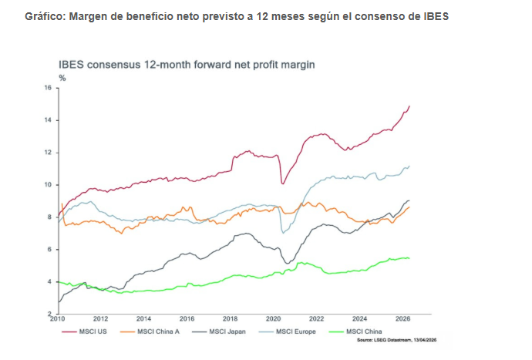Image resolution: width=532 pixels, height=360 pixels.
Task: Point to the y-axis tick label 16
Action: [47, 88]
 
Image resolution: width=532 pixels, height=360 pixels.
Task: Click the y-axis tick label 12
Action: [47, 153]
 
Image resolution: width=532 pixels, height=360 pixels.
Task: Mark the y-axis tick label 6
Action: [49, 250]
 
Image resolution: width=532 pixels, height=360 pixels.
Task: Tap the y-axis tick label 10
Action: [47, 185]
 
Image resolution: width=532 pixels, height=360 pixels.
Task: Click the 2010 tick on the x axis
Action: [57, 318]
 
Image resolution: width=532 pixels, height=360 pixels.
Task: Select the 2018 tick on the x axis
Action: [230, 318]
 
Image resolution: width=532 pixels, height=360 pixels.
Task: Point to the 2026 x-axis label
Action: [402, 318]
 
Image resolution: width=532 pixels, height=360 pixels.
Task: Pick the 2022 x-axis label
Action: [316, 318]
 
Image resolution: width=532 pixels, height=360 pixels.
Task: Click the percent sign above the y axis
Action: [62, 79]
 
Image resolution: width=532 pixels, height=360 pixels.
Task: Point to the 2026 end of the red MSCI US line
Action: [409, 106]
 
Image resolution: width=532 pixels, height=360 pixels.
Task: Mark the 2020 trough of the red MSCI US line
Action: [283, 183]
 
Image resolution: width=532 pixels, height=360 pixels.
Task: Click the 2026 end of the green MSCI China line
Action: [409, 257]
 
